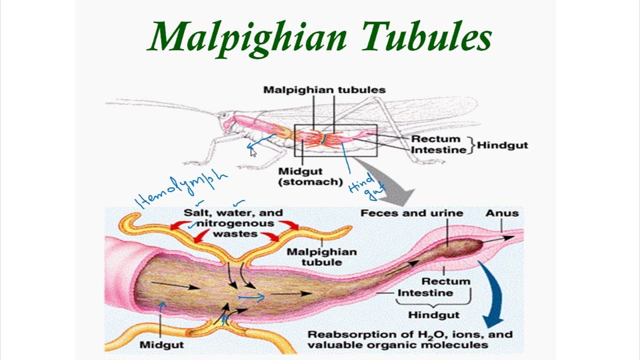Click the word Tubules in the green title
coord(426,35)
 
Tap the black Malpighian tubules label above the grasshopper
coord(324,90)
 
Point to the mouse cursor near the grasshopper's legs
coord(253,153)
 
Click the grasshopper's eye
coord(223,115)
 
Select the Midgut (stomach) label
coord(310,176)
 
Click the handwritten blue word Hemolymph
coord(181,188)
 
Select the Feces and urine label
coord(411,213)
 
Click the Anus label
coord(502,213)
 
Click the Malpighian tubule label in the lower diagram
coord(321,257)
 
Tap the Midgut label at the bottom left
coord(161,344)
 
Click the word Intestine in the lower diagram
coord(425,293)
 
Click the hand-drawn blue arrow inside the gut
coord(251,297)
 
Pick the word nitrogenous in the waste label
coord(235,223)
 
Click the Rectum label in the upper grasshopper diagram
coord(436,139)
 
